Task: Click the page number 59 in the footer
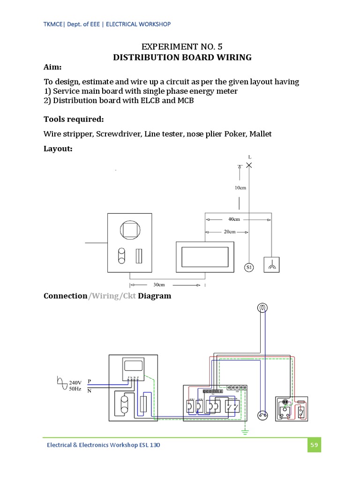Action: tap(314, 445)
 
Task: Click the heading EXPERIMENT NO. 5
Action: tap(182, 46)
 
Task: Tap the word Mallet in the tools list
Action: tap(260, 134)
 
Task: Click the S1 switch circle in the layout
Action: tap(249, 267)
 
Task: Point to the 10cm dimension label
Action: tap(240, 188)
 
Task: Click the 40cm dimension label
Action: tap(234, 219)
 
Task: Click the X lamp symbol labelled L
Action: tap(249, 165)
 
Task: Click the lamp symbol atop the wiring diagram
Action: tap(262, 308)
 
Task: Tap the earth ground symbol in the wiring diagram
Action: tap(244, 431)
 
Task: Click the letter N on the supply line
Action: tap(89, 390)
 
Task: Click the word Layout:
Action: tap(59, 149)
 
